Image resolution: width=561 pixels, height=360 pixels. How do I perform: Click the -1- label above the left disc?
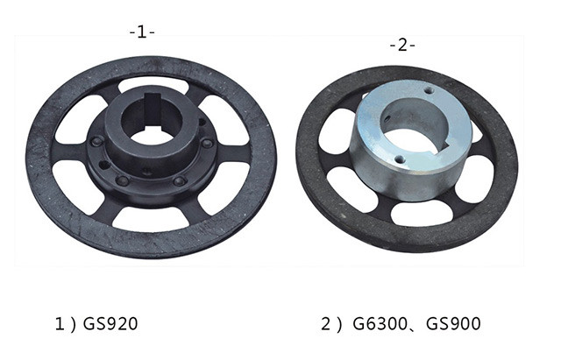coord(141,32)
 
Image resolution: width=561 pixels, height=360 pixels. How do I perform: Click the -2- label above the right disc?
coord(401,45)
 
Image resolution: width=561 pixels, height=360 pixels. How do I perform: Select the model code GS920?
coord(110,324)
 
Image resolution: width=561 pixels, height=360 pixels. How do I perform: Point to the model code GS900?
coord(453,324)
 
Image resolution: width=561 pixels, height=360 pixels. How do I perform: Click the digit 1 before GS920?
coord(60,324)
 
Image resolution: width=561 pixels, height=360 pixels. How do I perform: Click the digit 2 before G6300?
coord(325,324)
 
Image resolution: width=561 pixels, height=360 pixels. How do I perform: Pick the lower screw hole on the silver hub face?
coord(399,159)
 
